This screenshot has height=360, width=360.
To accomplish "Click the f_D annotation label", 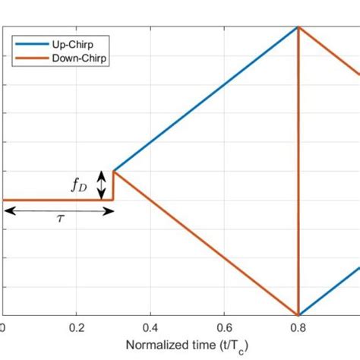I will pos(80,185).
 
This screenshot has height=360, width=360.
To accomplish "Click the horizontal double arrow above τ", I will pos(58,210).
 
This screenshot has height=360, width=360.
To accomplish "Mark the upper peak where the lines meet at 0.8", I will pos(299,27).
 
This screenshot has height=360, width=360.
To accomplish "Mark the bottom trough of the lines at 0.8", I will pos(299,314).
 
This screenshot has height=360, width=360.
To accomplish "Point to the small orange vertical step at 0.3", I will pos(113,186).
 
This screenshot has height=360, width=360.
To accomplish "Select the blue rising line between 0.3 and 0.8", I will pos(205,99).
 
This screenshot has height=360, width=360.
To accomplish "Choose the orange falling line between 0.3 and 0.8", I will pos(205,242).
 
